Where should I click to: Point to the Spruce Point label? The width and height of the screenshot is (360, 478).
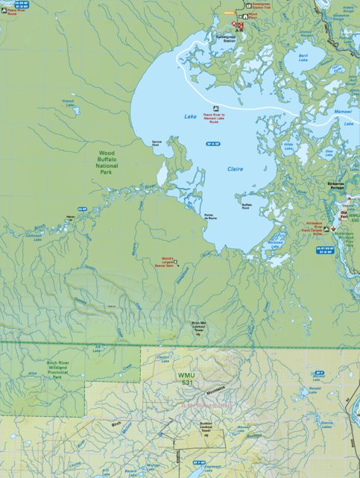156,145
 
